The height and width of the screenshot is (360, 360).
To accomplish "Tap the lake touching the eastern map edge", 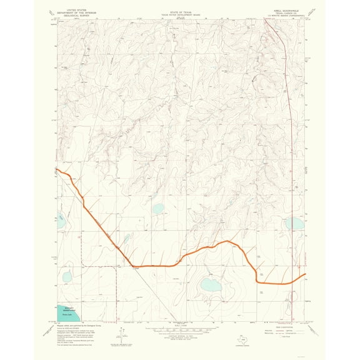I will pos(294,223).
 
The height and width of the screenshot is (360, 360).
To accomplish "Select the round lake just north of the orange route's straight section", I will pos(157,209).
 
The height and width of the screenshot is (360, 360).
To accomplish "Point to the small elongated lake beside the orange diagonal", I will pos(126,239).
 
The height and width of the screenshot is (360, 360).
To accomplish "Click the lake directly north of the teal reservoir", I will pos(67,277).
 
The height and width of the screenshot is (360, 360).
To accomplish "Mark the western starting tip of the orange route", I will pos(56,169).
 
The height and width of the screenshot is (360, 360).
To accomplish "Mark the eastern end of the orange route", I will pos(304,274).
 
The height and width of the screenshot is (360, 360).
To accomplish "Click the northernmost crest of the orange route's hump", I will pos(227,241).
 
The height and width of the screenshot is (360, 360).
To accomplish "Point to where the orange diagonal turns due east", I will pos(133,266).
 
